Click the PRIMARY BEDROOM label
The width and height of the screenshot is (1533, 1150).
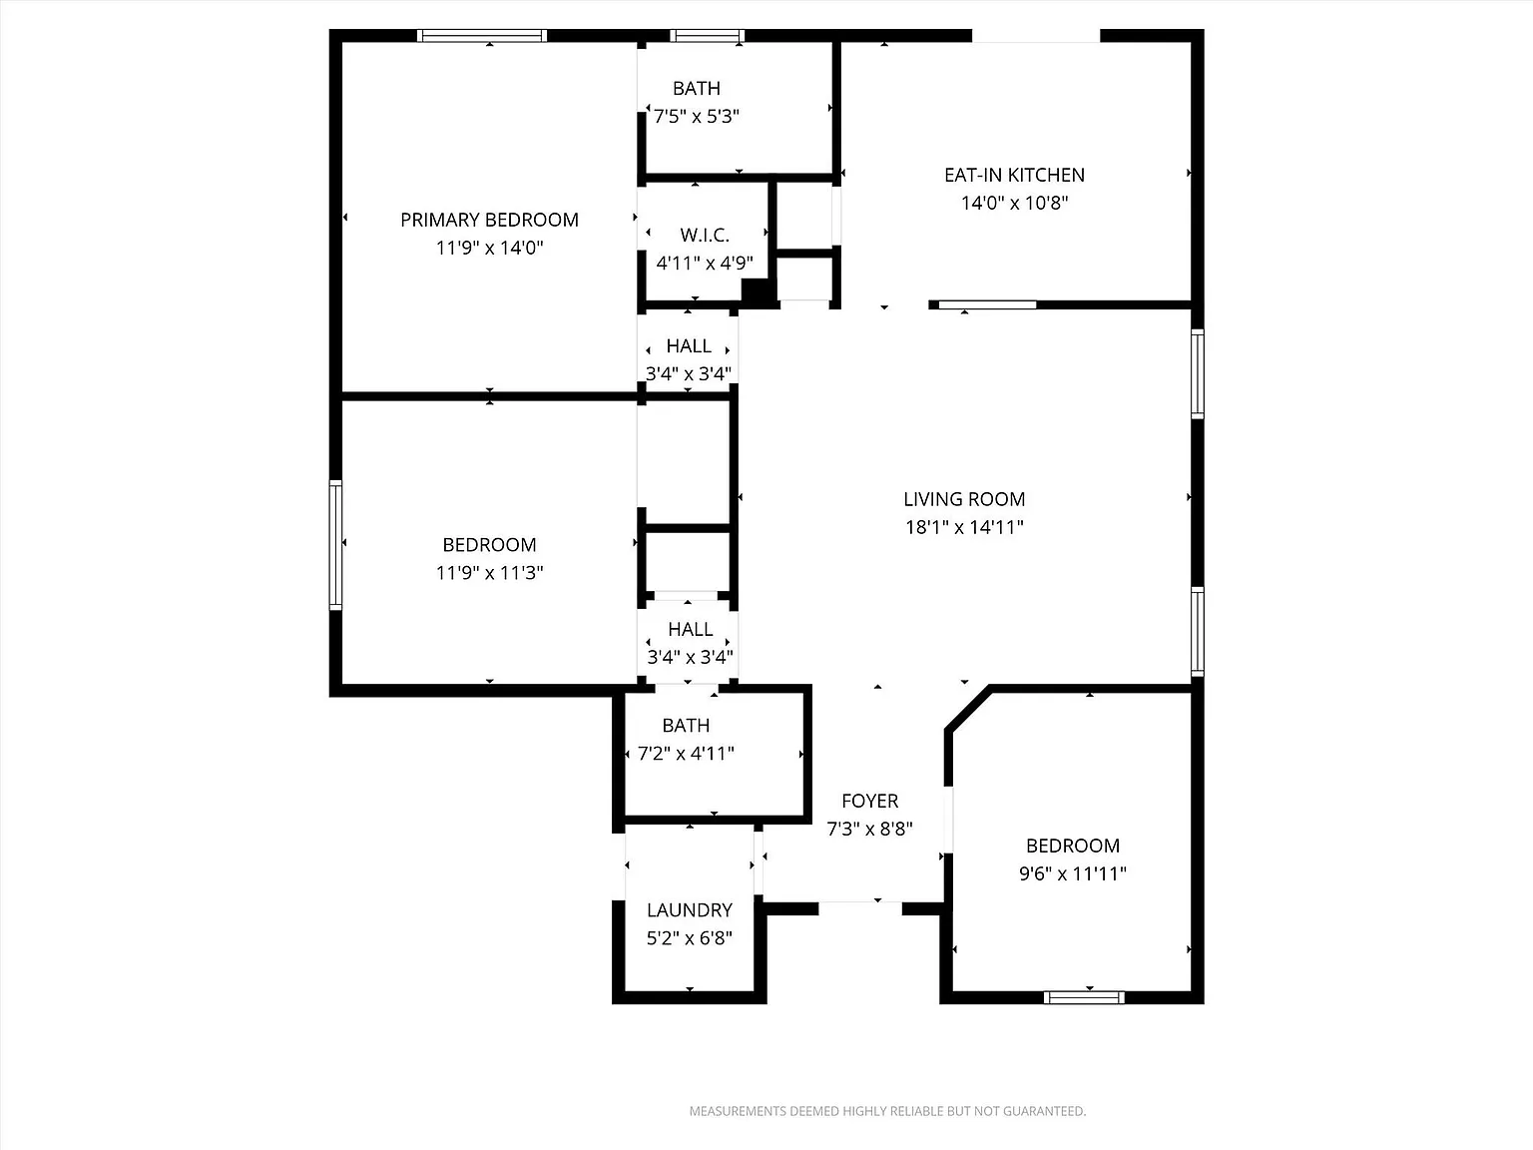[x=489, y=220]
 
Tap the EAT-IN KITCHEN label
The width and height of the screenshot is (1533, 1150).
[x=1014, y=175]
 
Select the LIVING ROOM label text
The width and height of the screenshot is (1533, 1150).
[x=964, y=499]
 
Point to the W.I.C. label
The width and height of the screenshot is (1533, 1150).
[x=705, y=236]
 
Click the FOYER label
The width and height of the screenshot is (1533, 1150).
[x=869, y=801]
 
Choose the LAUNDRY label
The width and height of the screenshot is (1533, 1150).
[x=689, y=910]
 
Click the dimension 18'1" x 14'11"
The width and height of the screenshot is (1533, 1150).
[x=964, y=527]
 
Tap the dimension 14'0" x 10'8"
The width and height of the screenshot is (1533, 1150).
[x=1014, y=203]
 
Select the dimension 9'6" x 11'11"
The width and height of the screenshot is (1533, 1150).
[x=1072, y=873]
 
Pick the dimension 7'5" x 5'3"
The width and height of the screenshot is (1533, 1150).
[x=696, y=116]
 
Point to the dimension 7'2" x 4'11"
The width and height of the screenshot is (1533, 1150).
[x=686, y=754]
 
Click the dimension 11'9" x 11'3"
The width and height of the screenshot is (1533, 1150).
[x=489, y=573]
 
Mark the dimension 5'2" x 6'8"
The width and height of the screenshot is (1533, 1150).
[x=689, y=938]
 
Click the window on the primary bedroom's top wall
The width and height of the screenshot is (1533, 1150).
[x=482, y=36]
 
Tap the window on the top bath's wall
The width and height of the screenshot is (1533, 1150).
[x=708, y=36]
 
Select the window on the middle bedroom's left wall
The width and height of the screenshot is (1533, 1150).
[x=336, y=545]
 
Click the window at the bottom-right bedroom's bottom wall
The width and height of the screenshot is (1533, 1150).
[x=1084, y=996]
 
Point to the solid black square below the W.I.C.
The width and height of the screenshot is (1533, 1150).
[x=758, y=291]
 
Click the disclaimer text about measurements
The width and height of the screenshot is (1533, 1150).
[x=887, y=1111]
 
